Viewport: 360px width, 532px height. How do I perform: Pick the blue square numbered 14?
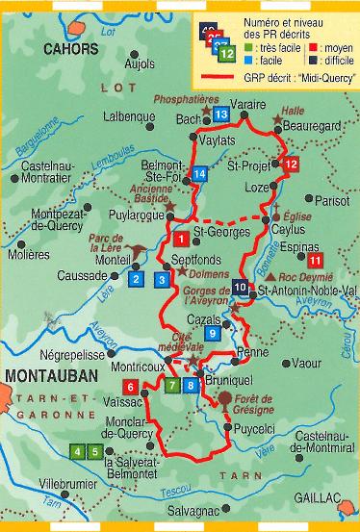point(199,173)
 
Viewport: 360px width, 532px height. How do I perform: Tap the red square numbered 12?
point(294,165)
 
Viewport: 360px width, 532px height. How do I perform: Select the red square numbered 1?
point(181,238)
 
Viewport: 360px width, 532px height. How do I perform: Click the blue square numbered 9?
point(213,333)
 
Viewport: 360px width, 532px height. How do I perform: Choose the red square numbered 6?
point(158,387)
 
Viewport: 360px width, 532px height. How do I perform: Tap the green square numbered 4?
point(76,452)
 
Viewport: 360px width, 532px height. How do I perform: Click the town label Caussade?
point(80,275)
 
